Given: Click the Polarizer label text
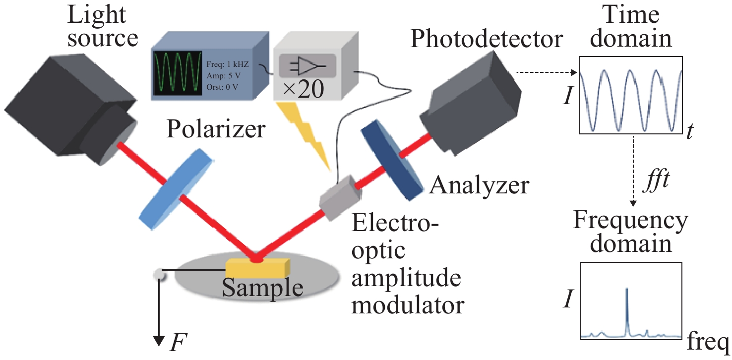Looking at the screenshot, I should pos(217,129).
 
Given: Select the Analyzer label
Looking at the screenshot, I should pos(480,186).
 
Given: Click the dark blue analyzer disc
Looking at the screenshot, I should pos(392,162).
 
